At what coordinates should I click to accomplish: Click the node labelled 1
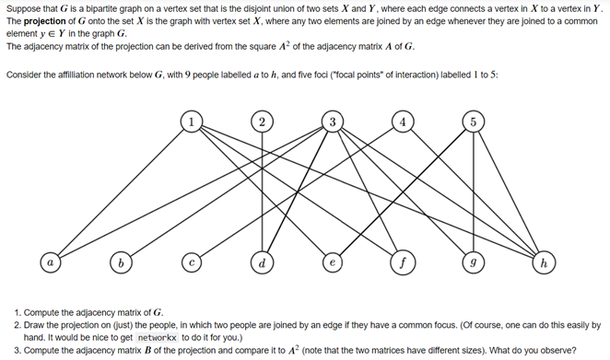coord(191,122)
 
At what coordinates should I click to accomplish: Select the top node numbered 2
coord(262,122)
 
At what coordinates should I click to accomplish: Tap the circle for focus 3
coord(332,122)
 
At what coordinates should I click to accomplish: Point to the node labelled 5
coord(472,122)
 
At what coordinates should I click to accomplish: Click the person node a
coord(50,264)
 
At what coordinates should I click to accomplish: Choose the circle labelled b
coord(120,264)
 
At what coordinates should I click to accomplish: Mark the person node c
coord(191,264)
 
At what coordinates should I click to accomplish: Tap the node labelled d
coord(262,264)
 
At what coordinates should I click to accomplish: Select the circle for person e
coord(332,264)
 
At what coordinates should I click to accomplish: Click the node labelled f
coord(402,264)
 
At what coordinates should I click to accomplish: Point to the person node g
coord(472,264)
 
